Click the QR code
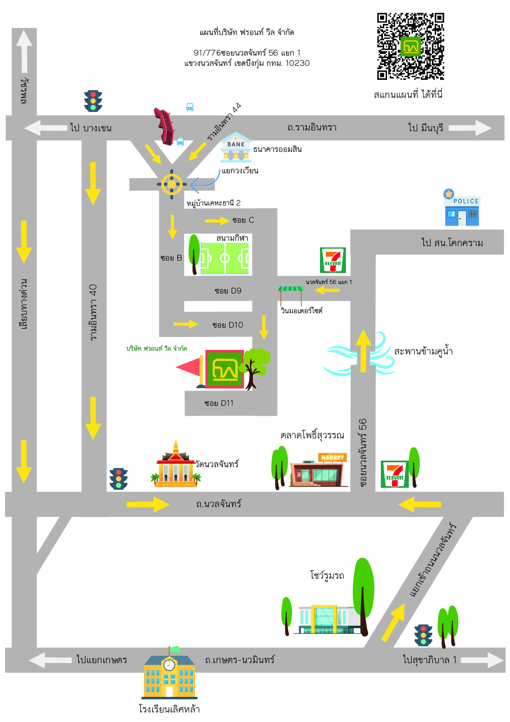[x=410, y=46]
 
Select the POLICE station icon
[x=462, y=211]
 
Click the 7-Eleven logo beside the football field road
[x=333, y=260]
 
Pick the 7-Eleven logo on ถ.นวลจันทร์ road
[x=394, y=474]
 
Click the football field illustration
[x=225, y=259]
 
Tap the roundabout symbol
[x=172, y=184]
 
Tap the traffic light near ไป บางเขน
[x=93, y=101]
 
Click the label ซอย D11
[x=219, y=403]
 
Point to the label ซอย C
[x=243, y=220]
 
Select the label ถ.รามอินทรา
[x=312, y=128]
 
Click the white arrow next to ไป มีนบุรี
[x=470, y=128]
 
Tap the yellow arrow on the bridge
[x=363, y=351]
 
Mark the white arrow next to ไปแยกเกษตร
[x=50, y=660]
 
